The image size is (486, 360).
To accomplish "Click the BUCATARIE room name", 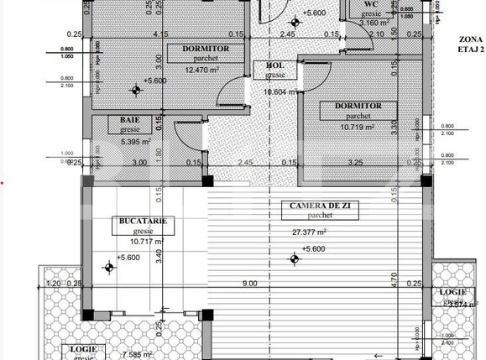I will coord(140,221).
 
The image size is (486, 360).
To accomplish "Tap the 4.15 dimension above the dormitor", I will coord(160,34).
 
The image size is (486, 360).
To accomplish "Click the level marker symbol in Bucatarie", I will coord(108,268).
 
